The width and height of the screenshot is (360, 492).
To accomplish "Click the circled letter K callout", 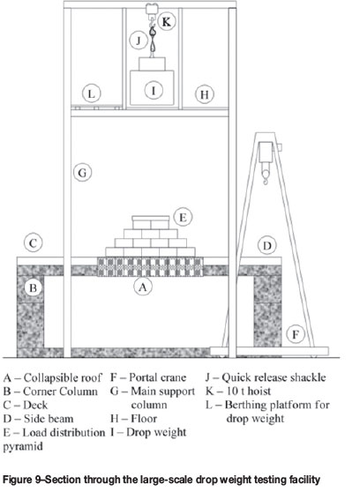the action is pos(166,22).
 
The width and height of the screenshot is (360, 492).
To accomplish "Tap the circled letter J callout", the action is pos(139,41).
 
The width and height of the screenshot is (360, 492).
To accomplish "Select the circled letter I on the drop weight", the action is pos(154,90).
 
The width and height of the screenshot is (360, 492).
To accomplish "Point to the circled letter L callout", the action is pos(91,93).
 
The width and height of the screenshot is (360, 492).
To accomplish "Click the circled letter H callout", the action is pos(205,94).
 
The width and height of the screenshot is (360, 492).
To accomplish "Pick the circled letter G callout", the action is pos(82,173).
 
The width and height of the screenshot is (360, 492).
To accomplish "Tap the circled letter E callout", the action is pos(183,217).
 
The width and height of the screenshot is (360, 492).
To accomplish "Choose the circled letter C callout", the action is pos(34,243).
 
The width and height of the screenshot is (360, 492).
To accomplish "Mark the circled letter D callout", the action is pos(267,245).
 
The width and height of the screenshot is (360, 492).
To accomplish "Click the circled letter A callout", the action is pos(143,287).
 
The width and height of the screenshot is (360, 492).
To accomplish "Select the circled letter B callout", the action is pos(33,287).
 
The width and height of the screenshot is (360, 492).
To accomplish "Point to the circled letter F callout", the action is pos(296,334).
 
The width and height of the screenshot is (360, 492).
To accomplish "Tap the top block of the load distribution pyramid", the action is pos(151,222).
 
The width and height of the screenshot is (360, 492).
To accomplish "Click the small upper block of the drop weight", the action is pos(152,63).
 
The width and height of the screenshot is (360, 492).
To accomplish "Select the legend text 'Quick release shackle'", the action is pos(274,377).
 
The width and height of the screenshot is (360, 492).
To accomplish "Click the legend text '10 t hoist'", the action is pos(248,391).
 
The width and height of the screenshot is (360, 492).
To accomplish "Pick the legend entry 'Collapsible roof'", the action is pos(63,377).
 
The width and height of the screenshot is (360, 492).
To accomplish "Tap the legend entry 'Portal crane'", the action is pos(158,377).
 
